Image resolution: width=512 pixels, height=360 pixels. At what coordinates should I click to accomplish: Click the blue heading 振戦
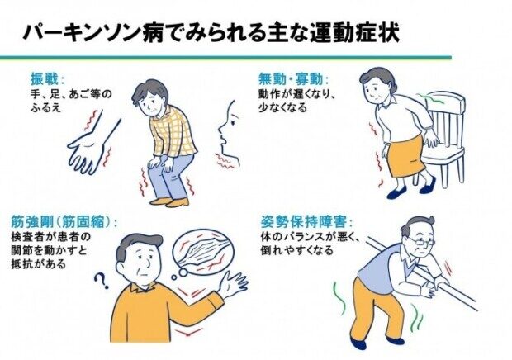point(45,79)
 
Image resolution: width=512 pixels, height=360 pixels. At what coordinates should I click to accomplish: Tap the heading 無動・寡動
point(293,79)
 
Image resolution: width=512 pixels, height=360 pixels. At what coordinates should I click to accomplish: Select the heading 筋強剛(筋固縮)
point(64,221)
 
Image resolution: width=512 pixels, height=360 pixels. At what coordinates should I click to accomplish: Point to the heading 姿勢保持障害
point(306,222)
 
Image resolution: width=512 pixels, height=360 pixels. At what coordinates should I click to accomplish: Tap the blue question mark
point(102,282)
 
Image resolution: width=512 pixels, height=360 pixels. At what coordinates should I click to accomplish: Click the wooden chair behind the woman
point(446,140)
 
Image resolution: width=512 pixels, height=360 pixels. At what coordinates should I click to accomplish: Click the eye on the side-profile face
point(233,123)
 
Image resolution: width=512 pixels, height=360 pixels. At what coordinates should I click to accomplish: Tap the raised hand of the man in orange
point(233,285)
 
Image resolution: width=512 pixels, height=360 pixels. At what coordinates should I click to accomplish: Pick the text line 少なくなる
point(282,107)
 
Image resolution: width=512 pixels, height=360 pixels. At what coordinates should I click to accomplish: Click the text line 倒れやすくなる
point(296,250)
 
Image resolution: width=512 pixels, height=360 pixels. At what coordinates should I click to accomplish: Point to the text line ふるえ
point(45,107)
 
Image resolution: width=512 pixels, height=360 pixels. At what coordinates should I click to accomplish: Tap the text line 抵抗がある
point(39,263)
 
